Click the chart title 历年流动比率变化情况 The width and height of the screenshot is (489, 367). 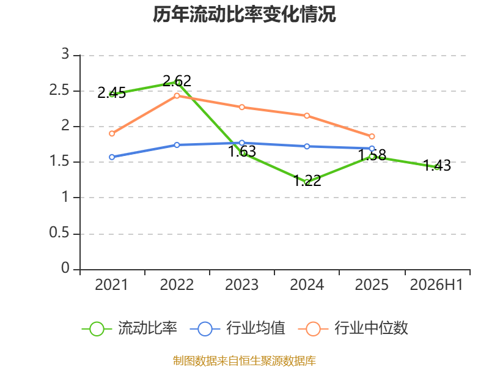pyautogui.click(x=244, y=14)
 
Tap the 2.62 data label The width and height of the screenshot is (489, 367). pyautogui.click(x=177, y=81)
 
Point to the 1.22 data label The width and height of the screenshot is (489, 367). pyautogui.click(x=307, y=180)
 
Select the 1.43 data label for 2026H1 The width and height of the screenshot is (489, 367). pyautogui.click(x=437, y=165)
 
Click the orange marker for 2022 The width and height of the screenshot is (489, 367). pyautogui.click(x=177, y=96)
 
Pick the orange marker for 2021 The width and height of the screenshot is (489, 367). pyautogui.click(x=112, y=133)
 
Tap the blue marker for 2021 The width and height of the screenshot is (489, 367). pyautogui.click(x=112, y=157)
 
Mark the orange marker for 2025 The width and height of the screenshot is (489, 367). pyautogui.click(x=372, y=136)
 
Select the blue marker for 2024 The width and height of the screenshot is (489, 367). pyautogui.click(x=307, y=146)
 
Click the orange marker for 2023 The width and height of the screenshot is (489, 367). pyautogui.click(x=241, y=108)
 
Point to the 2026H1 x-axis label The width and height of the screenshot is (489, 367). pyautogui.click(x=436, y=285)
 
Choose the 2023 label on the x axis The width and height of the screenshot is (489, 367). pyautogui.click(x=241, y=285)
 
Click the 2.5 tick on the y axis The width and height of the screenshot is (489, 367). pyautogui.click(x=59, y=90)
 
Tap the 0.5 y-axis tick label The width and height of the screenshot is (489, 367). pyautogui.click(x=59, y=233)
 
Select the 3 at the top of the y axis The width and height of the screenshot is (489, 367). pyautogui.click(x=65, y=54)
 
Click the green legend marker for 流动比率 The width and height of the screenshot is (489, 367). pyautogui.click(x=97, y=329)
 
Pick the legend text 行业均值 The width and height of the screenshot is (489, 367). pyautogui.click(x=256, y=328)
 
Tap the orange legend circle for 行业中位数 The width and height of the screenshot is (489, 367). pyautogui.click(x=313, y=329)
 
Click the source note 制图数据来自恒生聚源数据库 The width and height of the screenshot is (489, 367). pyautogui.click(x=244, y=361)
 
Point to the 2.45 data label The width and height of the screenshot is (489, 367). pyautogui.click(x=112, y=93)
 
